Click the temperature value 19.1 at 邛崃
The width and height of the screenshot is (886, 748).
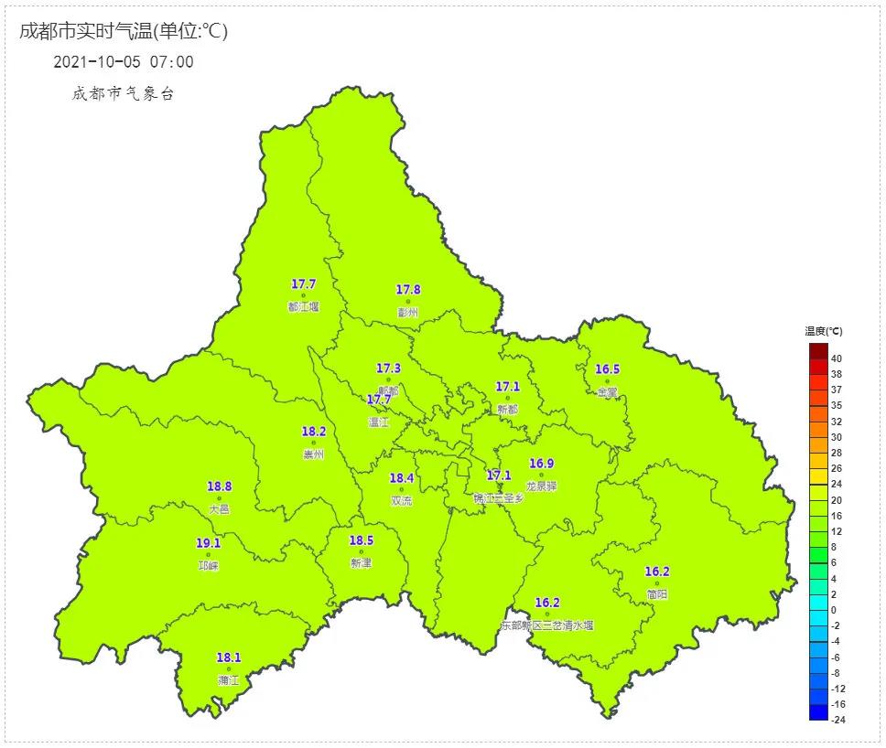click(208, 543)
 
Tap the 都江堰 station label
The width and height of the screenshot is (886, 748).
click(303, 307)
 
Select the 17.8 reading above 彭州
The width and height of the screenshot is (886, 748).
click(408, 290)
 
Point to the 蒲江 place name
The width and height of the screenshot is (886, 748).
click(228, 680)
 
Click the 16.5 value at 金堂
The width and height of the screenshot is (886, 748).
click(607, 369)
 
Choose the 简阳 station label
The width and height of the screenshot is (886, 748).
click(656, 594)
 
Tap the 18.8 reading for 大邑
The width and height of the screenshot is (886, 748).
click(219, 486)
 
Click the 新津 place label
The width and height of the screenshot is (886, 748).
click(361, 563)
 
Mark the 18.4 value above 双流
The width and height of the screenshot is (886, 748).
click(401, 478)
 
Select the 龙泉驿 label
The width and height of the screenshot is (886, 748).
click(542, 486)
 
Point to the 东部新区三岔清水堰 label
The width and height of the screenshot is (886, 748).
click(547, 625)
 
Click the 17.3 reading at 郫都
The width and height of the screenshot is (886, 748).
click(388, 368)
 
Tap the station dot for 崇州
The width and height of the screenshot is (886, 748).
click(314, 443)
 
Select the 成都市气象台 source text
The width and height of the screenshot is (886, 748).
click(123, 94)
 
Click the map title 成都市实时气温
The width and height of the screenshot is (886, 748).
click(85, 31)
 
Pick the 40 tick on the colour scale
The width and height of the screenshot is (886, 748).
click(836, 359)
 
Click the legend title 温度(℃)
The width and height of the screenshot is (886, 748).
click(824, 331)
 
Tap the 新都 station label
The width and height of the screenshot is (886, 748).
click(508, 410)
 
